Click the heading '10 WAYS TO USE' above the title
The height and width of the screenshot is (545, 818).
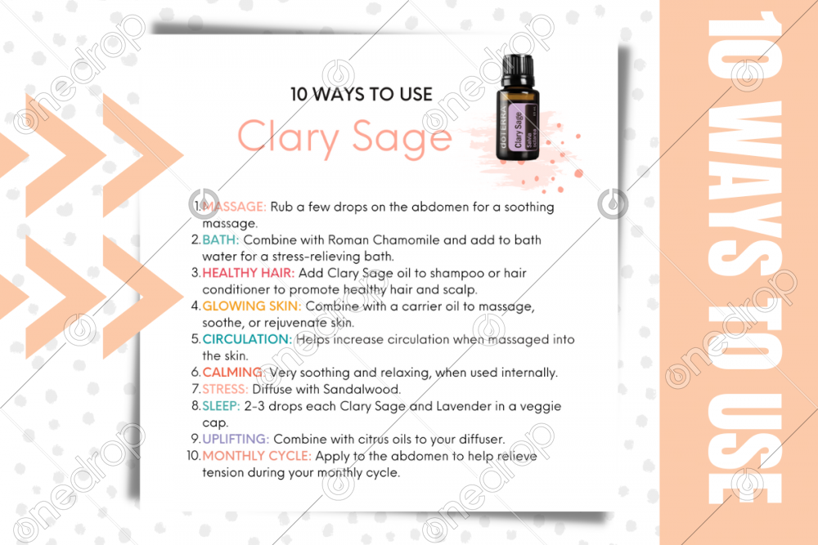(x=361, y=94)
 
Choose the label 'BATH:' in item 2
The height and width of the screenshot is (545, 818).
(x=221, y=240)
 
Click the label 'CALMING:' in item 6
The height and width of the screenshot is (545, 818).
(x=233, y=373)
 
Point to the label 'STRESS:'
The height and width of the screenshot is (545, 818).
(x=226, y=389)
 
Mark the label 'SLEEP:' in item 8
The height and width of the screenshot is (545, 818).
(x=222, y=406)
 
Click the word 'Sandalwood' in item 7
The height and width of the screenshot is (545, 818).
(x=366, y=389)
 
